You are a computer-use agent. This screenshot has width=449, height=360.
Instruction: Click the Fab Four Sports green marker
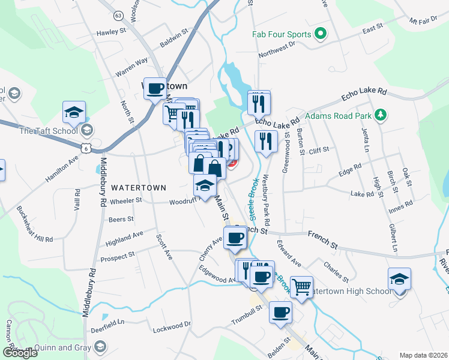(x=320, y=35)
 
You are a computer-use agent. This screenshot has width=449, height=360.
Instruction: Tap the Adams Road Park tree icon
(x=379, y=115)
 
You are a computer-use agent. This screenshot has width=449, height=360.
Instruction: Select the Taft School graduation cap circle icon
(x=87, y=130)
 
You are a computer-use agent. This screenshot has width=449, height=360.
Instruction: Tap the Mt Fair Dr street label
(x=424, y=20)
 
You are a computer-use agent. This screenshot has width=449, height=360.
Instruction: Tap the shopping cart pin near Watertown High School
(x=301, y=286)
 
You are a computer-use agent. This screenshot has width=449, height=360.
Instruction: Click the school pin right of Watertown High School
(x=399, y=279)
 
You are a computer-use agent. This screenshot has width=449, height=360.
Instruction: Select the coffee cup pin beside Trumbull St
(x=280, y=312)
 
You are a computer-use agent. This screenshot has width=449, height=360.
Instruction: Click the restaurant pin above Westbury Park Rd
(x=265, y=141)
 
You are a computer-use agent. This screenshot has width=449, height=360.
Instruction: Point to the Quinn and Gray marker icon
(x=100, y=347)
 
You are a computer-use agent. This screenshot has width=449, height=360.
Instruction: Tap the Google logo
(x=20, y=353)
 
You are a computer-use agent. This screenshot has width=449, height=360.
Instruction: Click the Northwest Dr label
(x=277, y=50)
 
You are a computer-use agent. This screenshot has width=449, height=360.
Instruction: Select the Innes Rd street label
(x=400, y=204)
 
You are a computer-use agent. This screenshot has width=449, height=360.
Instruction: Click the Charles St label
(x=336, y=269)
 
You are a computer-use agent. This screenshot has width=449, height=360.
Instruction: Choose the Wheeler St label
(x=125, y=200)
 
